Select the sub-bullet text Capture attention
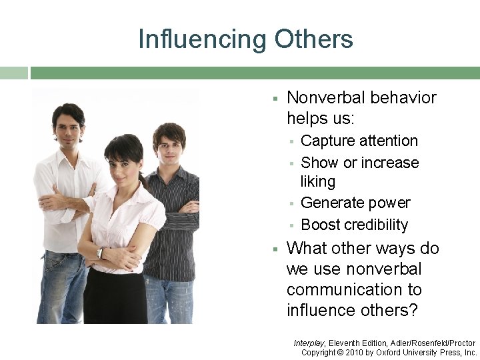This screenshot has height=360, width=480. (x=359, y=141)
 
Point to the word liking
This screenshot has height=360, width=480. (x=318, y=181)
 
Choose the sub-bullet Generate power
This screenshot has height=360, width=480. (x=355, y=203)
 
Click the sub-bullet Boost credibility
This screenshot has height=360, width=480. (x=354, y=225)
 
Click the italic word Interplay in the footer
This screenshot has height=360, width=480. (x=309, y=343)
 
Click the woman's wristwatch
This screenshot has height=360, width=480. (x=99, y=253)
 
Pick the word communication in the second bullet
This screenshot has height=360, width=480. (x=354, y=290)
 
